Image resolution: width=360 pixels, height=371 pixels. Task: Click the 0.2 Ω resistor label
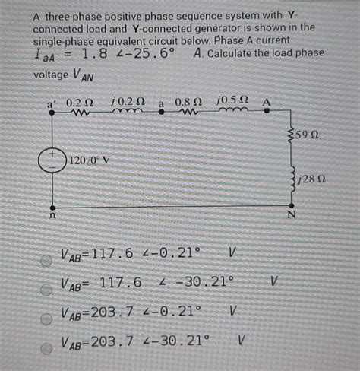79,102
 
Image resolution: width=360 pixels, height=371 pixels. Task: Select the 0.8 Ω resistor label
188,102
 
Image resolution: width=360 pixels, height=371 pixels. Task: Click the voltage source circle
52,162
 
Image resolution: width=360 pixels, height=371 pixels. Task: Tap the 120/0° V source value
90,161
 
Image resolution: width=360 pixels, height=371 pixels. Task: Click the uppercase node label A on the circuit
267,103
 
